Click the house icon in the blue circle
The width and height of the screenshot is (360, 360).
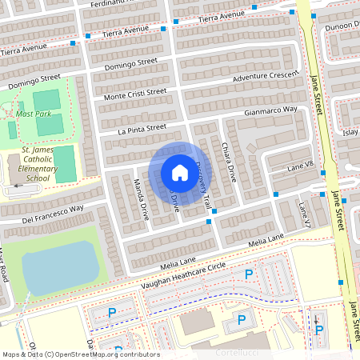(x=180, y=173)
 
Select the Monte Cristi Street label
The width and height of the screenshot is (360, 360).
(x=135, y=94)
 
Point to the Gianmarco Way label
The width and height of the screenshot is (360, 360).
(x=270, y=110)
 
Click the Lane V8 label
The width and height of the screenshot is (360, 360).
(x=301, y=166)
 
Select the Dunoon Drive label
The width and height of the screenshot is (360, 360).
(x=341, y=26)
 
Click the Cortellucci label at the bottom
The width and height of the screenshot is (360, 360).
(x=243, y=351)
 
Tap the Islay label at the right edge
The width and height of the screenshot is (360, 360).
(x=350, y=132)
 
